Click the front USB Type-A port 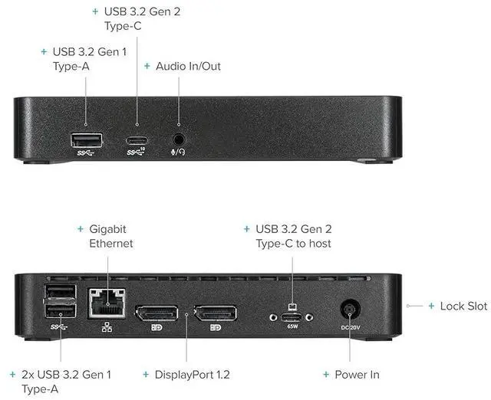point(85,140)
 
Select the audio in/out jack point(179,139)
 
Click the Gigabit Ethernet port point(107,302)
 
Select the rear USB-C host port point(292,316)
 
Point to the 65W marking point(292,326)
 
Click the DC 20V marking point(350,328)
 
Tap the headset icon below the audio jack point(178,152)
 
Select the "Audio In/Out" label point(188,66)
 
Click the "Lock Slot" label point(463,306)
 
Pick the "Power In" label point(357,375)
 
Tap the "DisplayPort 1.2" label point(192,375)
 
